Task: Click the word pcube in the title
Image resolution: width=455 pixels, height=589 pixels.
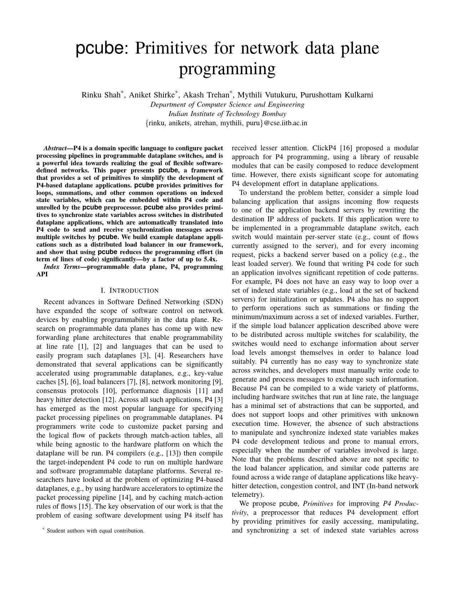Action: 99,49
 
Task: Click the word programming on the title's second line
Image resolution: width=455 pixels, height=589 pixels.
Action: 227,69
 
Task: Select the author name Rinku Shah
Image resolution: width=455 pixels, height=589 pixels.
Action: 101,95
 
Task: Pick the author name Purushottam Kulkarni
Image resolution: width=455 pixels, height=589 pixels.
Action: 337,95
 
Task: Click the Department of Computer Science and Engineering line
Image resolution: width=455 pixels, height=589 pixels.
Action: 227,105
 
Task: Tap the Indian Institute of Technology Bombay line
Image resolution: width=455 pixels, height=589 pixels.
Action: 227,114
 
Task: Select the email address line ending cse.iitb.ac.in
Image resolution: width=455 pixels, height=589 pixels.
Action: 227,123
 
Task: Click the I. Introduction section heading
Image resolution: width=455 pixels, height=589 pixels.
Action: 130,290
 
